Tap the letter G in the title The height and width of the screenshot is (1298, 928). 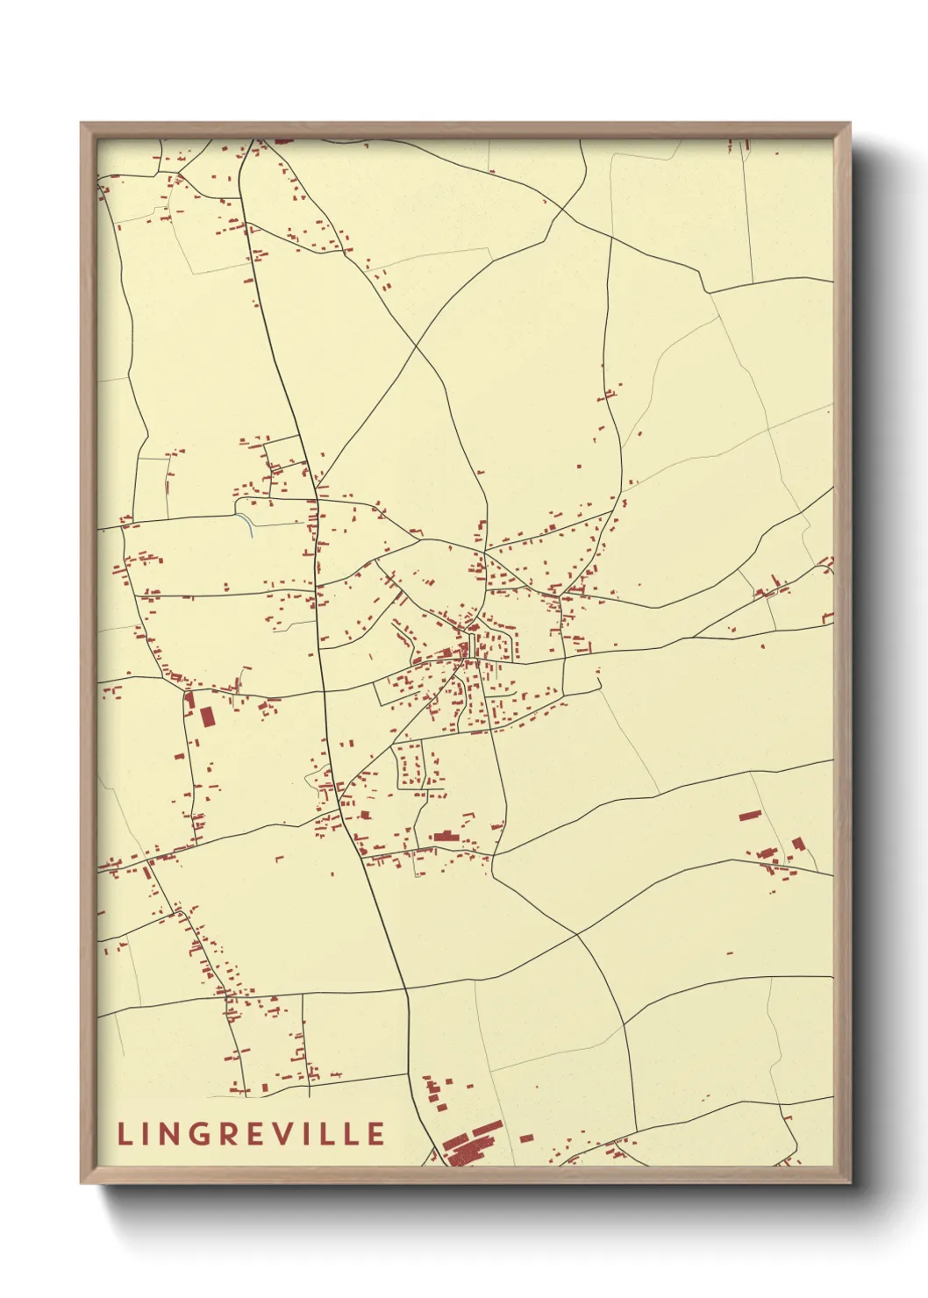click(x=201, y=1134)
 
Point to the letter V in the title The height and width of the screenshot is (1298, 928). click(x=284, y=1134)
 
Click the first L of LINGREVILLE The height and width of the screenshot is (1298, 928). click(x=124, y=1134)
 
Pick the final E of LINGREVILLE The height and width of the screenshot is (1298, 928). click(x=376, y=1134)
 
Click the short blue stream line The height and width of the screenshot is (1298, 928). click(x=249, y=524)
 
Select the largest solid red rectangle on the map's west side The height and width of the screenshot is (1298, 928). click(x=208, y=717)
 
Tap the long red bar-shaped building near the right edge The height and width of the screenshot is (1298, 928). click(x=748, y=815)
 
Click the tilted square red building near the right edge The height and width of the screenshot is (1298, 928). click(x=798, y=844)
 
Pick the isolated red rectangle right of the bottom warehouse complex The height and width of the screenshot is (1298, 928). click(x=526, y=1138)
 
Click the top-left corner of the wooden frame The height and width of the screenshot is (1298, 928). click(x=82, y=124)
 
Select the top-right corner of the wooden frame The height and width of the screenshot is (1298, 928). click(x=850, y=124)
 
